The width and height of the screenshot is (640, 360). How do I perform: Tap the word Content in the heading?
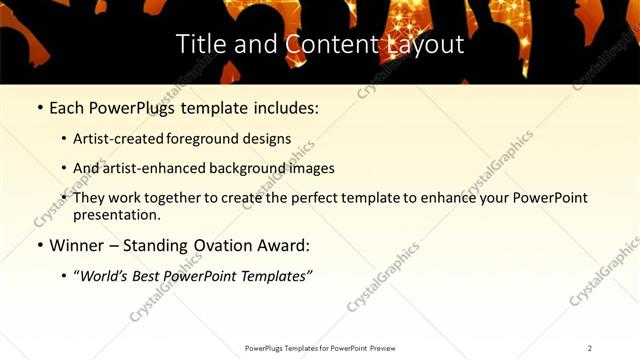(316, 44)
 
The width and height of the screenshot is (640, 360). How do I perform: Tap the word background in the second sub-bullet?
(253, 168)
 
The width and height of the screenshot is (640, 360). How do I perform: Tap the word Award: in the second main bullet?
(287, 245)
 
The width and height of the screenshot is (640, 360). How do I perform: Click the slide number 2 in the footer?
(590, 348)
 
